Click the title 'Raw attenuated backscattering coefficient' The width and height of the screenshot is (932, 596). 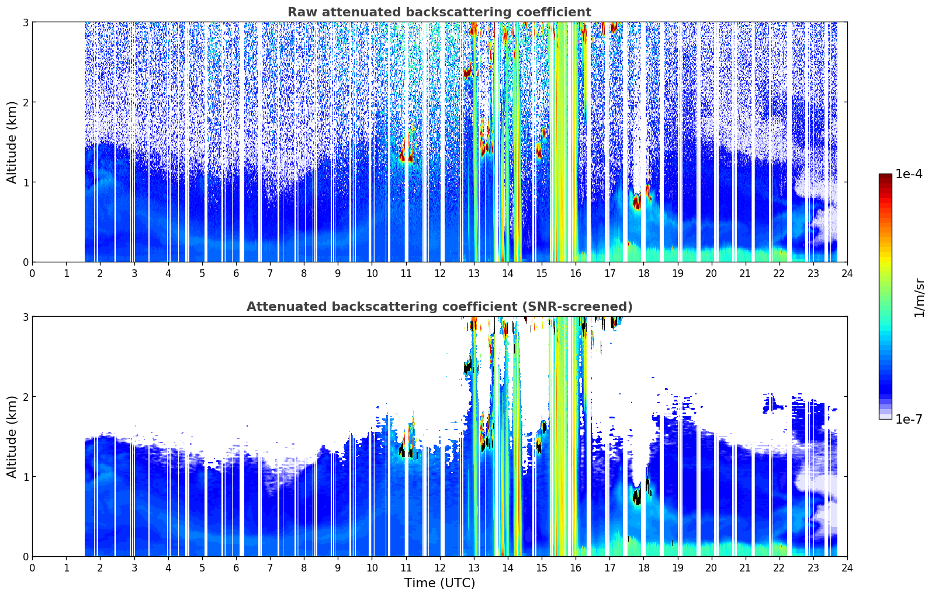(439, 12)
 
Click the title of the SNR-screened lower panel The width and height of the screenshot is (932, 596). (439, 307)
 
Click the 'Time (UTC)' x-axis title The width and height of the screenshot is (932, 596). (439, 583)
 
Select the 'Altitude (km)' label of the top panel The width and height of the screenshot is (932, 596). (12, 142)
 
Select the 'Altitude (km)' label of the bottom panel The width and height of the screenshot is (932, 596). (12, 436)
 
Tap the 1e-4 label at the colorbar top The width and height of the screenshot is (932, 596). (909, 174)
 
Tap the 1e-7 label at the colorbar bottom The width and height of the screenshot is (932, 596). (909, 419)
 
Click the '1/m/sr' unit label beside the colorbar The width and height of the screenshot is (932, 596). (919, 298)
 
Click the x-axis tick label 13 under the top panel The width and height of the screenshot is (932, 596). (474, 273)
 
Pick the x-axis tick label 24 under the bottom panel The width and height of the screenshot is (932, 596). (847, 568)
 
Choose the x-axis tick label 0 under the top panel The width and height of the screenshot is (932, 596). (33, 273)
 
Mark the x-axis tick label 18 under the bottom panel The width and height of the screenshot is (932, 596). (644, 568)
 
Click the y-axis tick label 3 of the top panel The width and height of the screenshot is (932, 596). (25, 22)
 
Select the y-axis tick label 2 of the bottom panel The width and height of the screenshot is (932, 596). (25, 397)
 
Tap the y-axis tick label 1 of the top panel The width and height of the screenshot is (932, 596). (25, 182)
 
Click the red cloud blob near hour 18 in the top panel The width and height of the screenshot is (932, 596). (636, 202)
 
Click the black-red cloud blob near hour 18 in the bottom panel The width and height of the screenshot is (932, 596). (636, 497)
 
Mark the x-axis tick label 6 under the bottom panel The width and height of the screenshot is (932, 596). (236, 568)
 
